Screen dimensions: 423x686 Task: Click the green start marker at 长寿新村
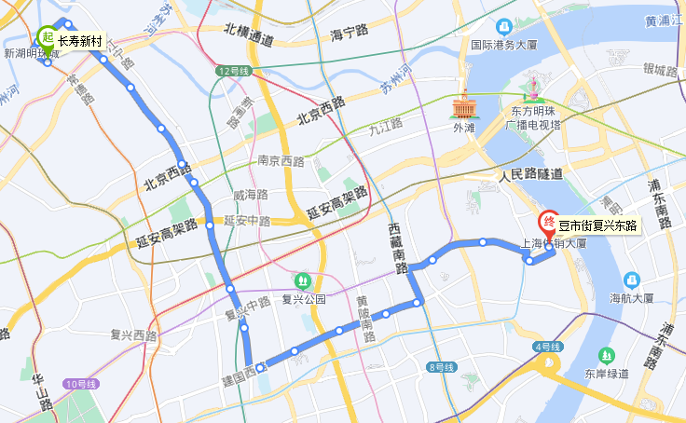(x=47, y=37)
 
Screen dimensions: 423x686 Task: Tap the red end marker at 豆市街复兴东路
(x=548, y=224)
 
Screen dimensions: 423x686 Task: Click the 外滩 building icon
(x=463, y=105)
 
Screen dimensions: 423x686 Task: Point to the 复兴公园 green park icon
(x=302, y=280)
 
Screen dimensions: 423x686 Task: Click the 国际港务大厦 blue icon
(x=504, y=27)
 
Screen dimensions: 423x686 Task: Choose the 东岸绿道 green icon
(x=607, y=354)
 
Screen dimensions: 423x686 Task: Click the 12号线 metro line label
(x=234, y=71)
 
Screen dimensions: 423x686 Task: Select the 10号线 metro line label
(x=81, y=383)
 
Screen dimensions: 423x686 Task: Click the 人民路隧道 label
(x=530, y=174)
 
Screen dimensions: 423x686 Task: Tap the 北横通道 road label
(x=249, y=39)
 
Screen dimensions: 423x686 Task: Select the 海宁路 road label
(x=350, y=34)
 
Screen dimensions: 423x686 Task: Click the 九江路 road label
(x=384, y=123)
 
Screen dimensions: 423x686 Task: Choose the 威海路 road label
(x=250, y=195)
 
